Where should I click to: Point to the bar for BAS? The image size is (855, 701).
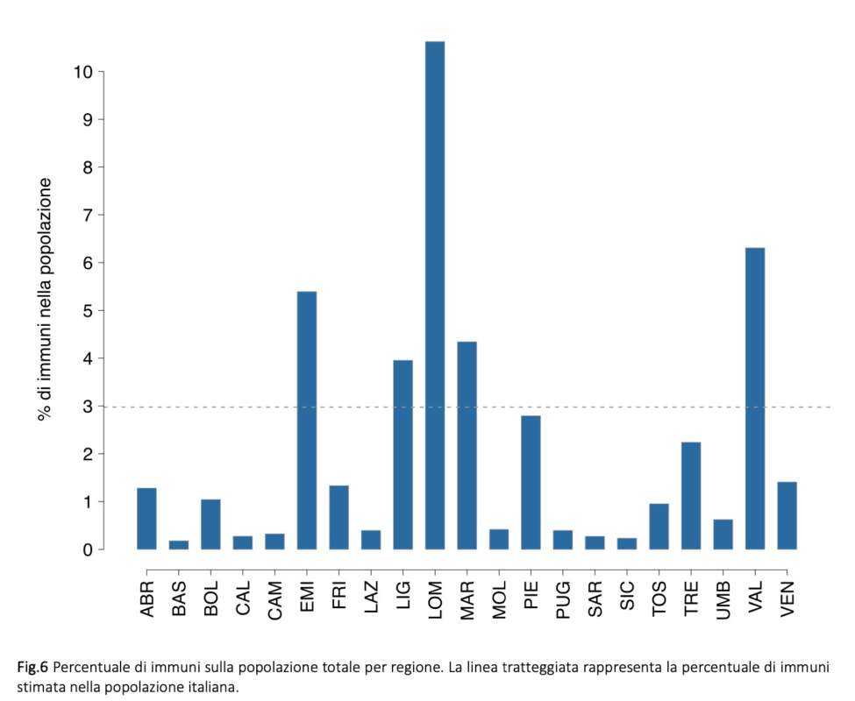(179, 545)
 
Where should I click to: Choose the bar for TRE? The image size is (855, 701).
(691, 496)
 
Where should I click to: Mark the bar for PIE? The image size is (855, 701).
(531, 483)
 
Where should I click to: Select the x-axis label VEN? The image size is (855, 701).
(787, 600)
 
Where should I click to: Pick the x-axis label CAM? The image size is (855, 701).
(274, 600)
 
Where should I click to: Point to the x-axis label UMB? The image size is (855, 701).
(723, 600)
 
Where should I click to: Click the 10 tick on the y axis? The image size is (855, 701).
(84, 72)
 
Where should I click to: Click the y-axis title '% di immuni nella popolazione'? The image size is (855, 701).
(45, 299)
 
